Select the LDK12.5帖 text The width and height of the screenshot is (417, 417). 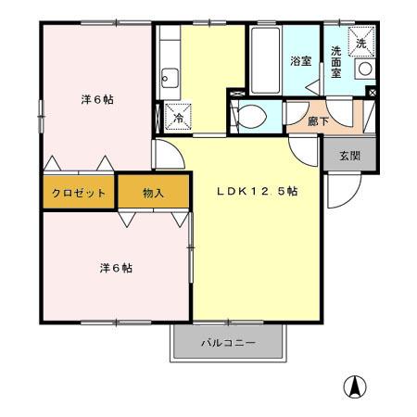[257, 191]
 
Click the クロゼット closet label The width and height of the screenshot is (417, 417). [79, 194]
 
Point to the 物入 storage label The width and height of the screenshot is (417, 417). [153, 194]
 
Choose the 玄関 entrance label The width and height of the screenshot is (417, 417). [348, 155]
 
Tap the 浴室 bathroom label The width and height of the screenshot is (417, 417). [298, 61]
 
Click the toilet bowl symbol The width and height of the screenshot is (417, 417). [248, 117]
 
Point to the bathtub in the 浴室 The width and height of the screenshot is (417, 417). [263, 59]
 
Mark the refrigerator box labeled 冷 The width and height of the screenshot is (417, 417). [175, 118]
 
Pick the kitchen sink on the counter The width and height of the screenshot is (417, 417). [169, 79]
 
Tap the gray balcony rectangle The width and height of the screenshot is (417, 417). [227, 347]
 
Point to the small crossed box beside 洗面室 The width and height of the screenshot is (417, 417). [372, 93]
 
